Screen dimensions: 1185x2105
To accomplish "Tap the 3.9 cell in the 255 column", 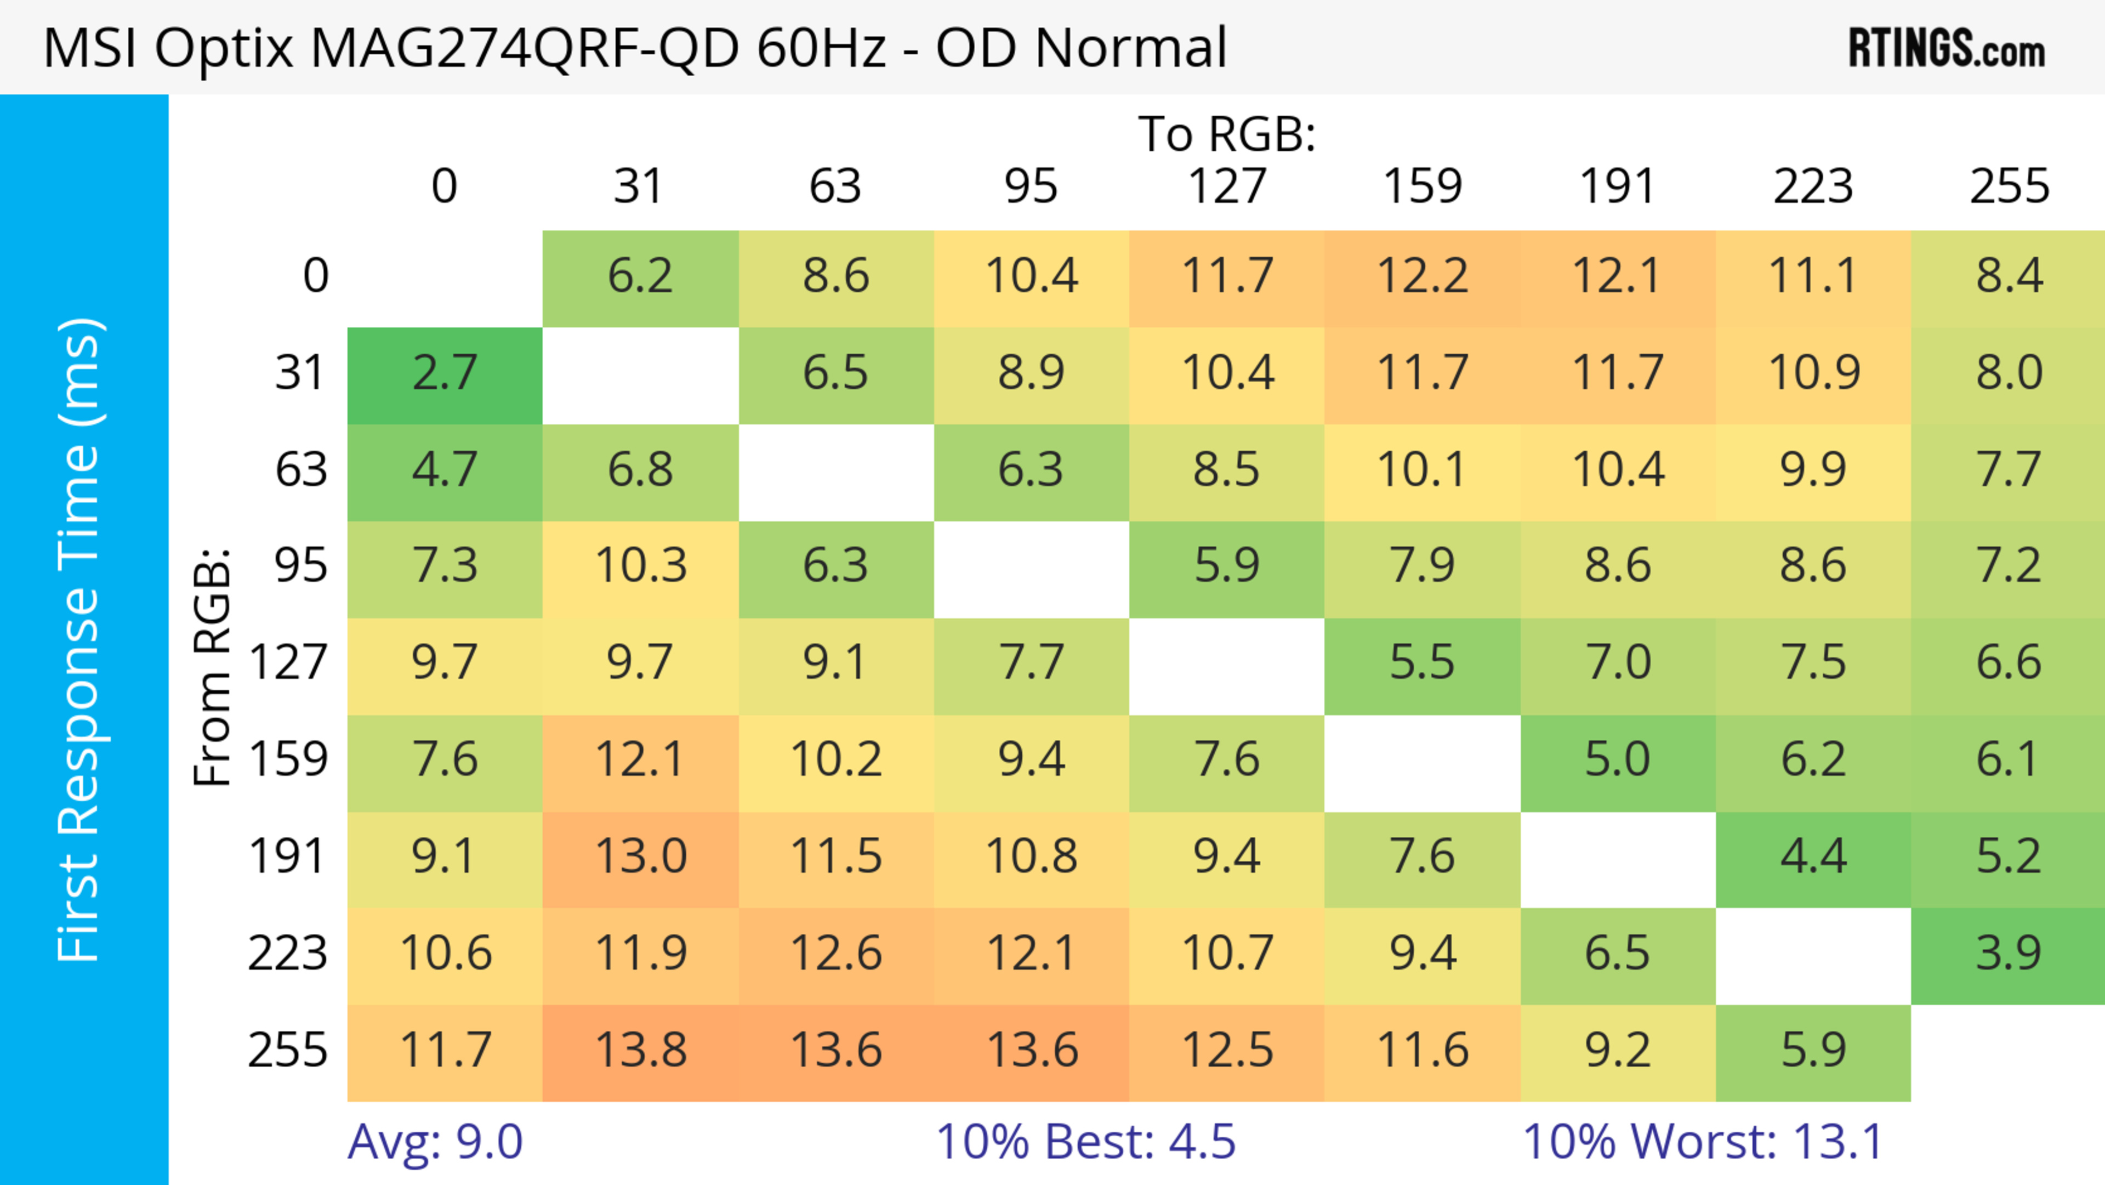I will pyautogui.click(x=2009, y=954).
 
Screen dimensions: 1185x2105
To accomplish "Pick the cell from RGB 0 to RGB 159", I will pyautogui.click(x=1422, y=277).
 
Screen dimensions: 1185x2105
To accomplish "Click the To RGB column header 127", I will pyautogui.click(x=1227, y=187).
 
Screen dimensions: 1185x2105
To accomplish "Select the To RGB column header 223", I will pyautogui.click(x=1812, y=187).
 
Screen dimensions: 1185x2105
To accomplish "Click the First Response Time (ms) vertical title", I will pyautogui.click(x=80, y=639).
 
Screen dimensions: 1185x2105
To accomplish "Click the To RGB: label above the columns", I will pyautogui.click(x=1227, y=134).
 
